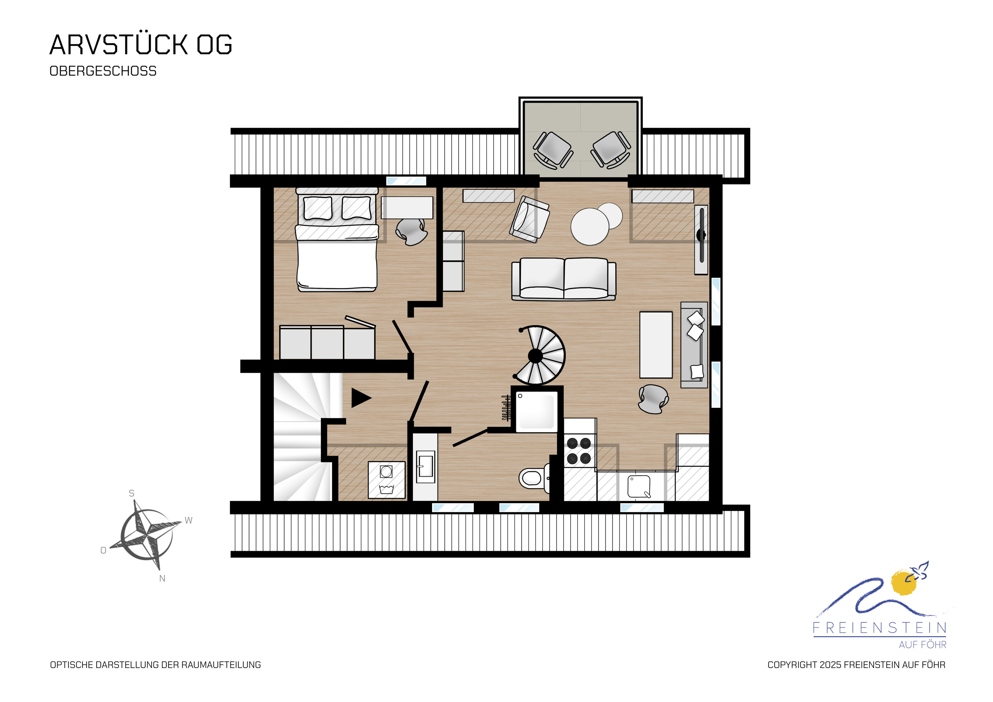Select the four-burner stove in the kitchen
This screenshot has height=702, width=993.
579,451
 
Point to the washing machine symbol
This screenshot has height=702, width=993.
386,480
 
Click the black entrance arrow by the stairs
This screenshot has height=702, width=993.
361,398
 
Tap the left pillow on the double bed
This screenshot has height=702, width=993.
318,208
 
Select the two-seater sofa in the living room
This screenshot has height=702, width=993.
564,279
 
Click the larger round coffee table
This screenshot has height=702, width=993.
590,227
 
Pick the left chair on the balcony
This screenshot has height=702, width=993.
553,150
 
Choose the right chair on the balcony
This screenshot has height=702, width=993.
610,150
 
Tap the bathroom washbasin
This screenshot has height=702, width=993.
426,467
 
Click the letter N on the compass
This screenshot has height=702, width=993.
162,579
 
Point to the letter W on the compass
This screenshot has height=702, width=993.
189,520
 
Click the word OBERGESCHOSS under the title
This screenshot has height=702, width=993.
103,71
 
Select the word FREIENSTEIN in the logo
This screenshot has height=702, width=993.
880,628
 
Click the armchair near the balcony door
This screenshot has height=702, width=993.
529,219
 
